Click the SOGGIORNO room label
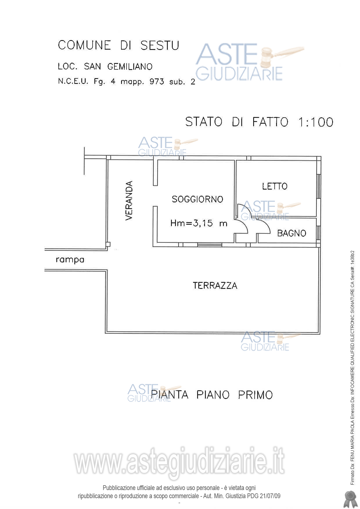tap(197, 199)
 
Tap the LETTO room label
tap(275, 186)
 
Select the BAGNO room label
tap(291, 233)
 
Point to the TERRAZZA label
tap(215, 286)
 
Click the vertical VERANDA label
tap(129, 200)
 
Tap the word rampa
tap(70, 260)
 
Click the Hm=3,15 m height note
tap(199, 223)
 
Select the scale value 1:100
tap(316, 122)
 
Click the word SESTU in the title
tap(160, 46)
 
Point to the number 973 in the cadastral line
tap(157, 82)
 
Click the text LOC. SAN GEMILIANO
tap(105, 66)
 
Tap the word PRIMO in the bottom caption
tap(255, 395)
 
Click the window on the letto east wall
tap(318, 186)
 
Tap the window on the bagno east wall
tap(318, 232)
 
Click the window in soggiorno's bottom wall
tap(209, 245)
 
